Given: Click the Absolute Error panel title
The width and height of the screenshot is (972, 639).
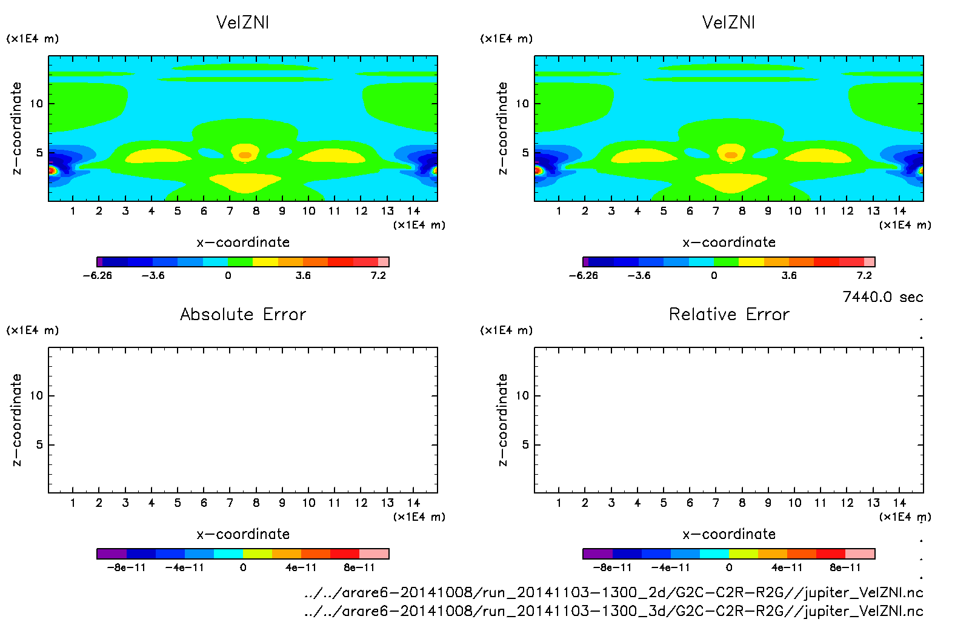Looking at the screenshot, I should click(x=243, y=314).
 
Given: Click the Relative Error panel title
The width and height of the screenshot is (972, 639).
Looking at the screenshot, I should click(x=729, y=314).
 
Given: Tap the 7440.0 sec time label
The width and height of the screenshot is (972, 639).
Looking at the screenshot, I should click(x=882, y=297).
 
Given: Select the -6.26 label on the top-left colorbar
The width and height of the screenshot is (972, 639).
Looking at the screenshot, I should click(x=98, y=275).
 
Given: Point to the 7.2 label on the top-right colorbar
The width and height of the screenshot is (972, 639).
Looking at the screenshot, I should click(x=864, y=275).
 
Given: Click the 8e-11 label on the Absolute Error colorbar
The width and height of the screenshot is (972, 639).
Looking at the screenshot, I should click(x=359, y=567).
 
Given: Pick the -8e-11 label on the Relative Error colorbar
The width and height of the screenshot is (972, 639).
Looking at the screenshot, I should click(x=612, y=567).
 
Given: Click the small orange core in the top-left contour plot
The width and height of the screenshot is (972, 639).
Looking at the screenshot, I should click(x=245, y=155).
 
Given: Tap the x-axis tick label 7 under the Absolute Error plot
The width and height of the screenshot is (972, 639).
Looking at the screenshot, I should click(x=230, y=503).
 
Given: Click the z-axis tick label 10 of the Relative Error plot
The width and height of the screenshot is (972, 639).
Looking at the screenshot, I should click(x=522, y=395).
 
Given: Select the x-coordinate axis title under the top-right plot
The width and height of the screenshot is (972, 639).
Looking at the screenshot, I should click(x=729, y=243).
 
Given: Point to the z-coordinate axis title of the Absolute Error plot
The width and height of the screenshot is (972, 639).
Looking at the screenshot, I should click(x=16, y=420).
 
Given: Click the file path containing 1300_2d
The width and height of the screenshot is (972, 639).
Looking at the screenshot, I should click(x=613, y=592).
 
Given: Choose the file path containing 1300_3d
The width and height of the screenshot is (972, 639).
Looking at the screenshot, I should click(x=613, y=611).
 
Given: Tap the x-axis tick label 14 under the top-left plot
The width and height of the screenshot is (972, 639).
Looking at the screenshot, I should click(x=413, y=211).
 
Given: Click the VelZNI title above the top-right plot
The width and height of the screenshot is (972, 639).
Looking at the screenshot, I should click(x=728, y=22).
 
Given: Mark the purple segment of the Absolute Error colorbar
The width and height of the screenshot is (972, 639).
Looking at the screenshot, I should click(x=112, y=554).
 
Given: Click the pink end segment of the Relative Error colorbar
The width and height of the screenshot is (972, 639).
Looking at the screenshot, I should click(x=860, y=554).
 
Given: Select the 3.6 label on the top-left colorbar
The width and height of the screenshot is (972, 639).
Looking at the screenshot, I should click(x=303, y=275).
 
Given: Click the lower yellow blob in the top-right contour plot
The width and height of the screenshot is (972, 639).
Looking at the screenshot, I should click(x=731, y=182).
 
